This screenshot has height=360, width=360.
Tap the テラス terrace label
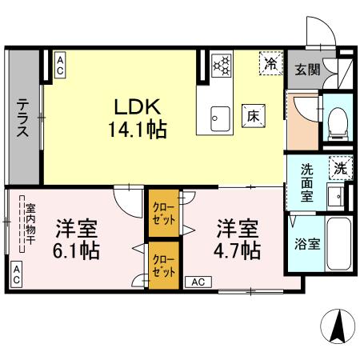(24, 118)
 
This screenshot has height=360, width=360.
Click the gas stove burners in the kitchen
(222, 64)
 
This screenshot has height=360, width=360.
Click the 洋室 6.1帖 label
(77, 238)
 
